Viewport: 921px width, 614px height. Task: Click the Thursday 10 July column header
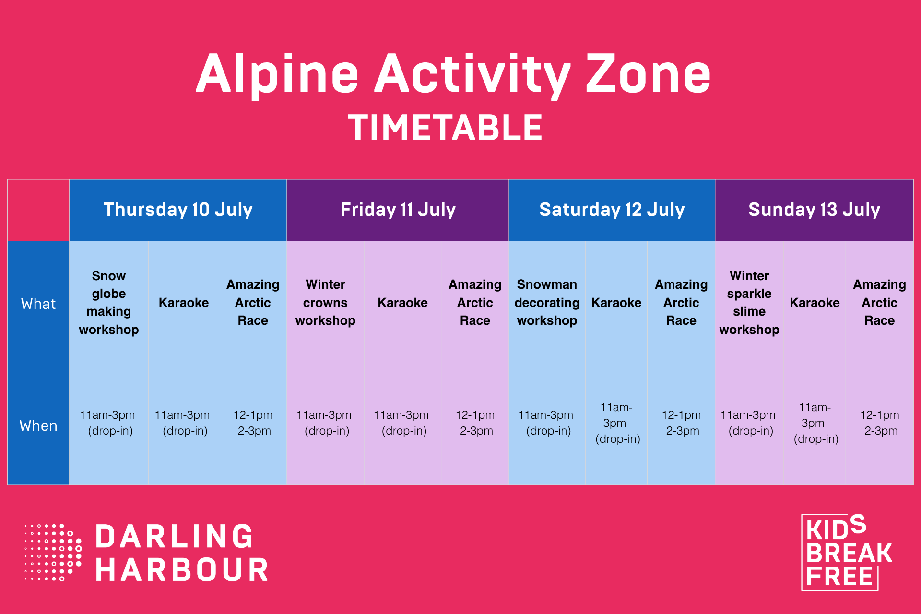(178, 210)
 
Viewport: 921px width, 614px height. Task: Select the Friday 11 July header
(398, 210)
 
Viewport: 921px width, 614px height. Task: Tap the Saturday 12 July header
(612, 210)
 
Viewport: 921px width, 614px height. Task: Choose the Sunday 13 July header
(814, 210)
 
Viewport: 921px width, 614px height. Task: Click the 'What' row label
(38, 304)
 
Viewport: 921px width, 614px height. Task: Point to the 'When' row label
(38, 425)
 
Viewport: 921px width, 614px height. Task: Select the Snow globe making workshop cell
(109, 303)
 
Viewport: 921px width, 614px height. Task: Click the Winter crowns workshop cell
(325, 303)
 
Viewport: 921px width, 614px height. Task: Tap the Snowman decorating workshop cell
(547, 303)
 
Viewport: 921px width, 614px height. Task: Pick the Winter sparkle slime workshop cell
(749, 303)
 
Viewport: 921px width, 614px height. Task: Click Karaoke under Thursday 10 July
(184, 303)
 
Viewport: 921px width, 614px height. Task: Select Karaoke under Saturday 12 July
(616, 303)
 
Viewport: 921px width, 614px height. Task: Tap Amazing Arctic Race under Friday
(475, 303)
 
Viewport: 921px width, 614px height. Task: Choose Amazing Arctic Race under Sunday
(880, 303)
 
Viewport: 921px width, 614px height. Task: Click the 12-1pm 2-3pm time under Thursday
(253, 423)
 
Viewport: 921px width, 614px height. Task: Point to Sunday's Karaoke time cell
(815, 423)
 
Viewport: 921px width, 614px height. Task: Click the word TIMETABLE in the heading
(445, 128)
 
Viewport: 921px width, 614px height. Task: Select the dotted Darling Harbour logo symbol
(53, 552)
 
